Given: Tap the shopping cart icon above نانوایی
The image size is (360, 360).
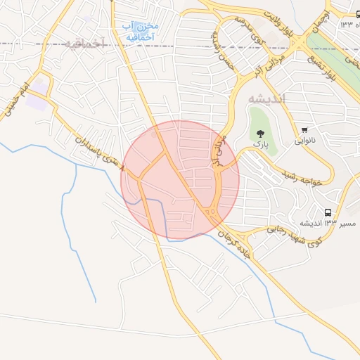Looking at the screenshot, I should (x=304, y=130).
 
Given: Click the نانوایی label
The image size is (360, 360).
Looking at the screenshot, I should (x=304, y=140).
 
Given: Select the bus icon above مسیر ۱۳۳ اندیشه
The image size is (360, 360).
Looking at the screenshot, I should (x=328, y=212).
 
